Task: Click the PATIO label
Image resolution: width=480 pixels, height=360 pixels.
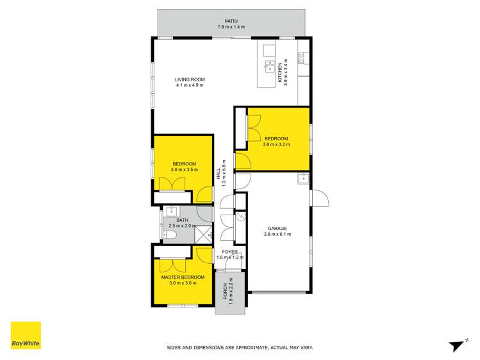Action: [x=231, y=21]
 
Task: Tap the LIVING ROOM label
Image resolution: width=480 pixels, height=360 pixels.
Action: [x=189, y=79]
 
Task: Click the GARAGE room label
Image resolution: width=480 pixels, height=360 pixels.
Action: [x=277, y=228]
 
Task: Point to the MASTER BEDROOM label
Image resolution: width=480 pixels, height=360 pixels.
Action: [x=183, y=277]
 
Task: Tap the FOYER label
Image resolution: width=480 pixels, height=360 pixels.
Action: [x=229, y=251]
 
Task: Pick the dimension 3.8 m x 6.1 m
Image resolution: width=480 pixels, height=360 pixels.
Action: [x=277, y=234]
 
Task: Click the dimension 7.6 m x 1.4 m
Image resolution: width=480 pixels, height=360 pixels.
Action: [x=231, y=28]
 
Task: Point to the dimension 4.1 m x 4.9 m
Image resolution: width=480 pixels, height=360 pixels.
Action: [x=189, y=85]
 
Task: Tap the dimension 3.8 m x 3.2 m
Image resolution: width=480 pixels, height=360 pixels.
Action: [x=276, y=144]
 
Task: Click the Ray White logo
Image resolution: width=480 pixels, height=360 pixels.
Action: [x=26, y=335]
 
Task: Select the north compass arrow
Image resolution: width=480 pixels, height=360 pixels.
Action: [x=457, y=345]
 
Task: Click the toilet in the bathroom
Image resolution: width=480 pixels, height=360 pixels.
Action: [x=169, y=235]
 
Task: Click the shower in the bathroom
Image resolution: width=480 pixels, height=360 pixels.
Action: [x=203, y=235]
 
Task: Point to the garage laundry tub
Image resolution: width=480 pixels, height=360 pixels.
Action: [x=302, y=179]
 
